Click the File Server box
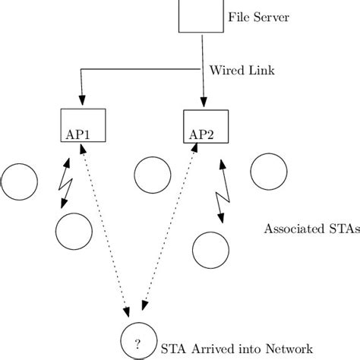click(201, 15)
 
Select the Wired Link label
click(237, 71)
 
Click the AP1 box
click(82, 125)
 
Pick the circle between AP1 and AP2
click(153, 175)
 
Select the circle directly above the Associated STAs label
click(270, 172)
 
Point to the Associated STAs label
click(311, 229)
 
